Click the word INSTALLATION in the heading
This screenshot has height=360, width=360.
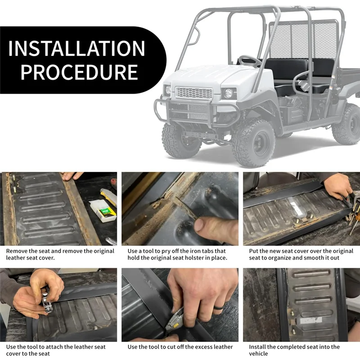(x=77, y=48)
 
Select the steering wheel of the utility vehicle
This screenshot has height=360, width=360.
(x=249, y=61)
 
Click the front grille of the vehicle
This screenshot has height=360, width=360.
(x=193, y=93)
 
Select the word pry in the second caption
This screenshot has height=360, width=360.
(x=165, y=251)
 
